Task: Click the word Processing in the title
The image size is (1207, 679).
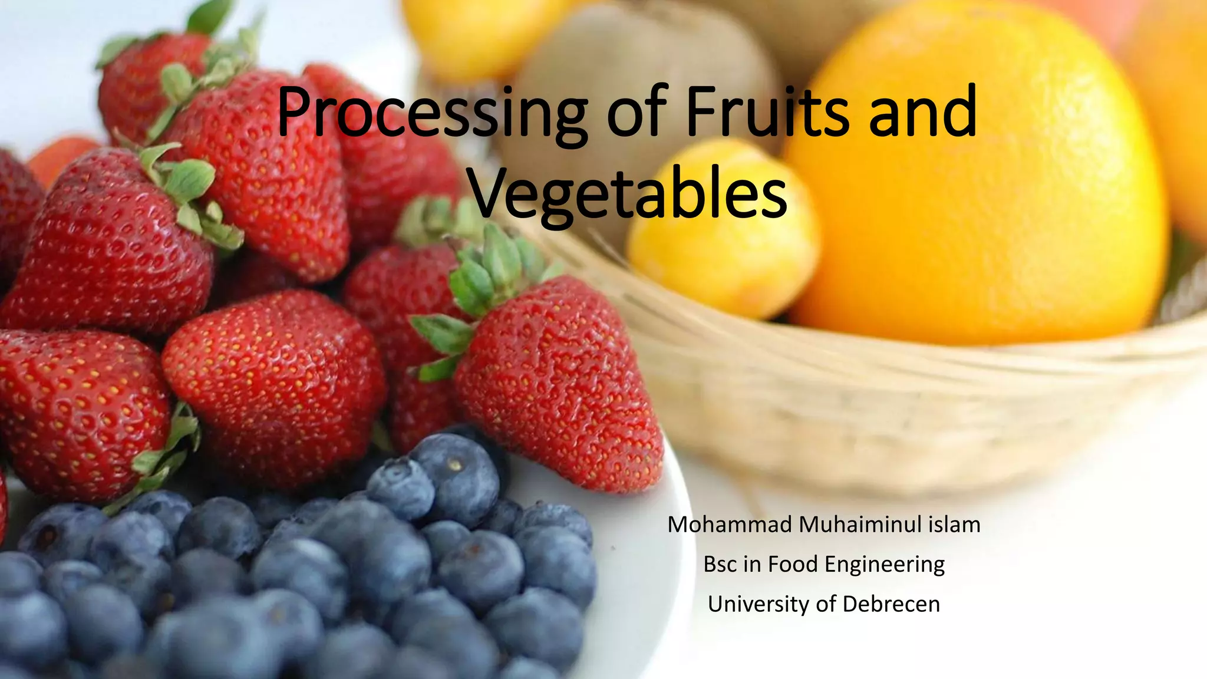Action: click(x=431, y=113)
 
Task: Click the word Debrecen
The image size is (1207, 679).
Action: click(x=891, y=604)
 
